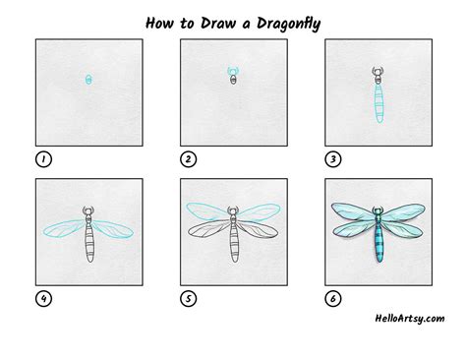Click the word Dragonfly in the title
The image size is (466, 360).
click(288, 24)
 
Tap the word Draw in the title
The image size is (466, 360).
click(217, 23)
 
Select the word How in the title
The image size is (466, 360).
click(159, 23)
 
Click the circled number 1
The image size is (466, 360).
click(43, 159)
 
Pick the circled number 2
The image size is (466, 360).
click(189, 159)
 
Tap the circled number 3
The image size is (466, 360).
click(333, 159)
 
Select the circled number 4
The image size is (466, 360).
click(43, 299)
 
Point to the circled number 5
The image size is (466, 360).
click(189, 299)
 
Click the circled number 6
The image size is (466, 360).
click(333, 299)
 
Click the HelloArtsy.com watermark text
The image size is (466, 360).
click(410, 319)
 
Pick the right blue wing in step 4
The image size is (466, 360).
click(113, 229)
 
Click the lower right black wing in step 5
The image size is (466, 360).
click(259, 230)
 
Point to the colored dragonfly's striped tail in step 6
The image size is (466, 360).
click(379, 241)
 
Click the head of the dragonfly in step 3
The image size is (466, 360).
click(378, 72)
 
